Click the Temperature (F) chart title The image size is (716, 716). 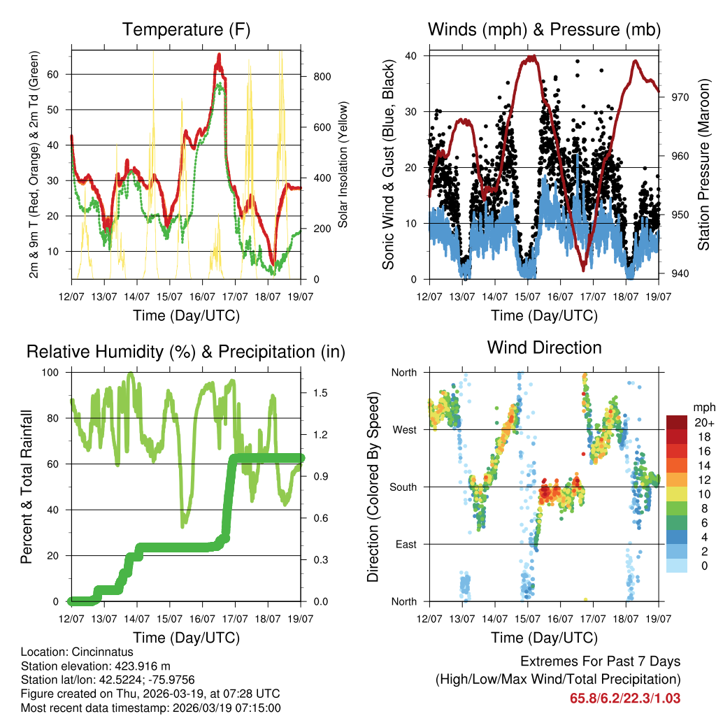[x=186, y=29]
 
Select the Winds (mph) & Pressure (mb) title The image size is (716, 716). [x=544, y=29]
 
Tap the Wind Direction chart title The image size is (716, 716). [x=544, y=348]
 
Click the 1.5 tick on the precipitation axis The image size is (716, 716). [x=321, y=393]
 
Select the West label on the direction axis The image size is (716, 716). [x=403, y=429]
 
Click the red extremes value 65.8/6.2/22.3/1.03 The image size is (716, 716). [x=625, y=698]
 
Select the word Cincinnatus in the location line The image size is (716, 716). [x=99, y=652]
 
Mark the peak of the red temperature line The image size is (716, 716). [x=219, y=55]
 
